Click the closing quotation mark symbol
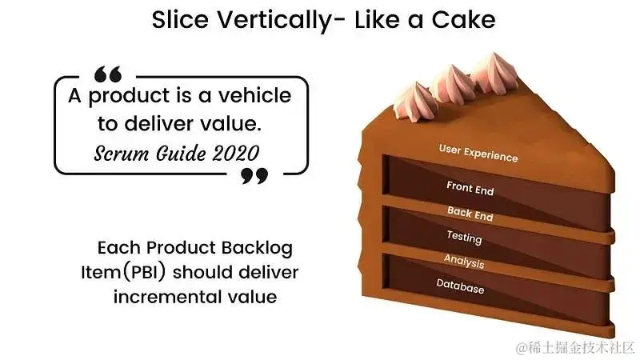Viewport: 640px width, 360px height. [254, 175]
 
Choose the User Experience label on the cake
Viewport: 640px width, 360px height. [478, 153]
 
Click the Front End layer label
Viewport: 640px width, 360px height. [470, 189]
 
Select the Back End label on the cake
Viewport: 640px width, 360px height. [470, 213]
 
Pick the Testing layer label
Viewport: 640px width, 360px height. [464, 237]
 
